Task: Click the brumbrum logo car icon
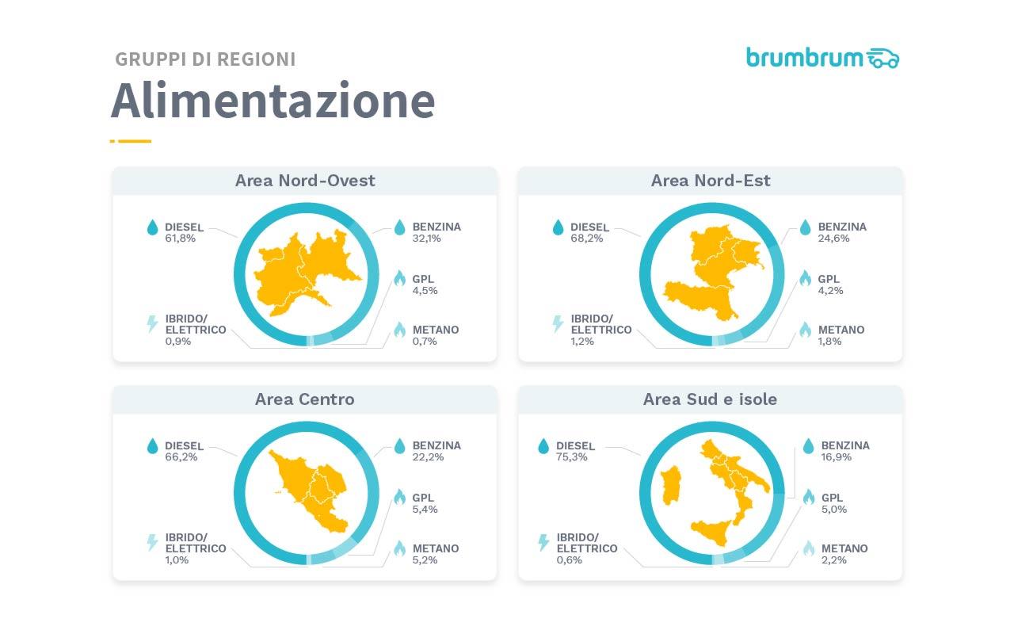click(x=882, y=58)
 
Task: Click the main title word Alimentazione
click(x=273, y=101)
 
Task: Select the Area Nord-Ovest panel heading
click(x=305, y=181)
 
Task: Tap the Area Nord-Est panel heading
click(x=711, y=181)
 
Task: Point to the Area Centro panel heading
click(x=305, y=399)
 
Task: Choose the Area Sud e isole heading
click(x=711, y=399)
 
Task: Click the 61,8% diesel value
click(x=181, y=238)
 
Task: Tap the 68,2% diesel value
click(x=586, y=238)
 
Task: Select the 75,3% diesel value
click(x=572, y=457)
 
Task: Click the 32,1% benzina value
click(x=428, y=238)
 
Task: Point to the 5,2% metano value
click(x=425, y=560)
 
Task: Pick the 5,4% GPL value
click(x=425, y=509)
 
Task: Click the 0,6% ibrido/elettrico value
click(x=570, y=560)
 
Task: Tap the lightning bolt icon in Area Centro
click(x=152, y=543)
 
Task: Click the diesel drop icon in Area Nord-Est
click(x=558, y=228)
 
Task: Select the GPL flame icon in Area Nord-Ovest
click(x=399, y=279)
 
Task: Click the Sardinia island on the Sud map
click(x=669, y=484)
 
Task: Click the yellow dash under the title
click(x=131, y=141)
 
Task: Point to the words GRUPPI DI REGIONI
click(x=205, y=59)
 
